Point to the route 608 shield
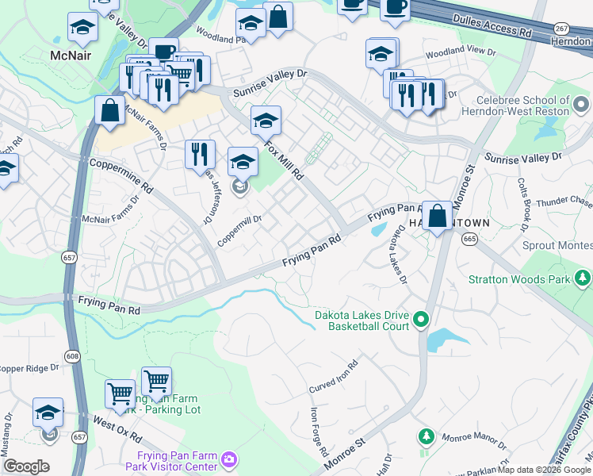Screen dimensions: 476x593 click(x=73, y=357)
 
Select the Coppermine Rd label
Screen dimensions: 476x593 click(x=121, y=175)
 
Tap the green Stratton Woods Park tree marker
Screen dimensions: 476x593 click(x=583, y=278)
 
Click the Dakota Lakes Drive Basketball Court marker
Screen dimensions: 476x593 click(x=420, y=320)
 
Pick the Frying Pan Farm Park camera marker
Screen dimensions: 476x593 click(x=229, y=459)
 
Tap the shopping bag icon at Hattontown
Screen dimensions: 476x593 click(x=437, y=215)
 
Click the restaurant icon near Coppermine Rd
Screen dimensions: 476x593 click(x=200, y=154)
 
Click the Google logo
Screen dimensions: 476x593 click(x=26, y=466)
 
